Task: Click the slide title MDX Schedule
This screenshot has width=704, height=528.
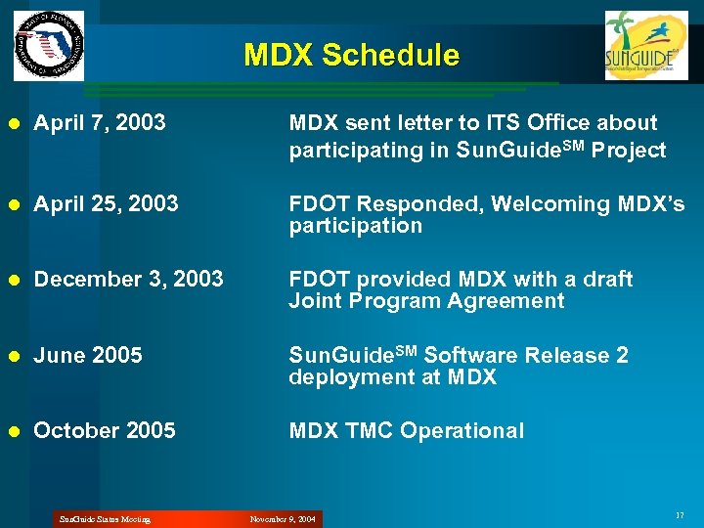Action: point(351,55)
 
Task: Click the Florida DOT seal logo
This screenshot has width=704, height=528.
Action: point(49,46)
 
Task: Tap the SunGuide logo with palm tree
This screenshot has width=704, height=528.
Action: point(645,45)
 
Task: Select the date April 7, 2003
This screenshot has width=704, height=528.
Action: point(99,123)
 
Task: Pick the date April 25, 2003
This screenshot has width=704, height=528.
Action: point(106,204)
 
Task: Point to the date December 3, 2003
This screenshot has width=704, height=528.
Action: point(128,280)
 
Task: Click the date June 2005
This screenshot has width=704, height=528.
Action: point(88,356)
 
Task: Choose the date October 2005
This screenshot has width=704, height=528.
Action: point(105,431)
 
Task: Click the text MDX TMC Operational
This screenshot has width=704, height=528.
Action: point(406,431)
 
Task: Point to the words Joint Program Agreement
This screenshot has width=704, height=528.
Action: point(426,301)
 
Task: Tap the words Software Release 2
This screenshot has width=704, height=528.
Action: point(526,356)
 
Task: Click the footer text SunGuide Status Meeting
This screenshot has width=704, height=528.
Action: point(105,519)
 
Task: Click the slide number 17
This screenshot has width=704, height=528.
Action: point(679,515)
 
